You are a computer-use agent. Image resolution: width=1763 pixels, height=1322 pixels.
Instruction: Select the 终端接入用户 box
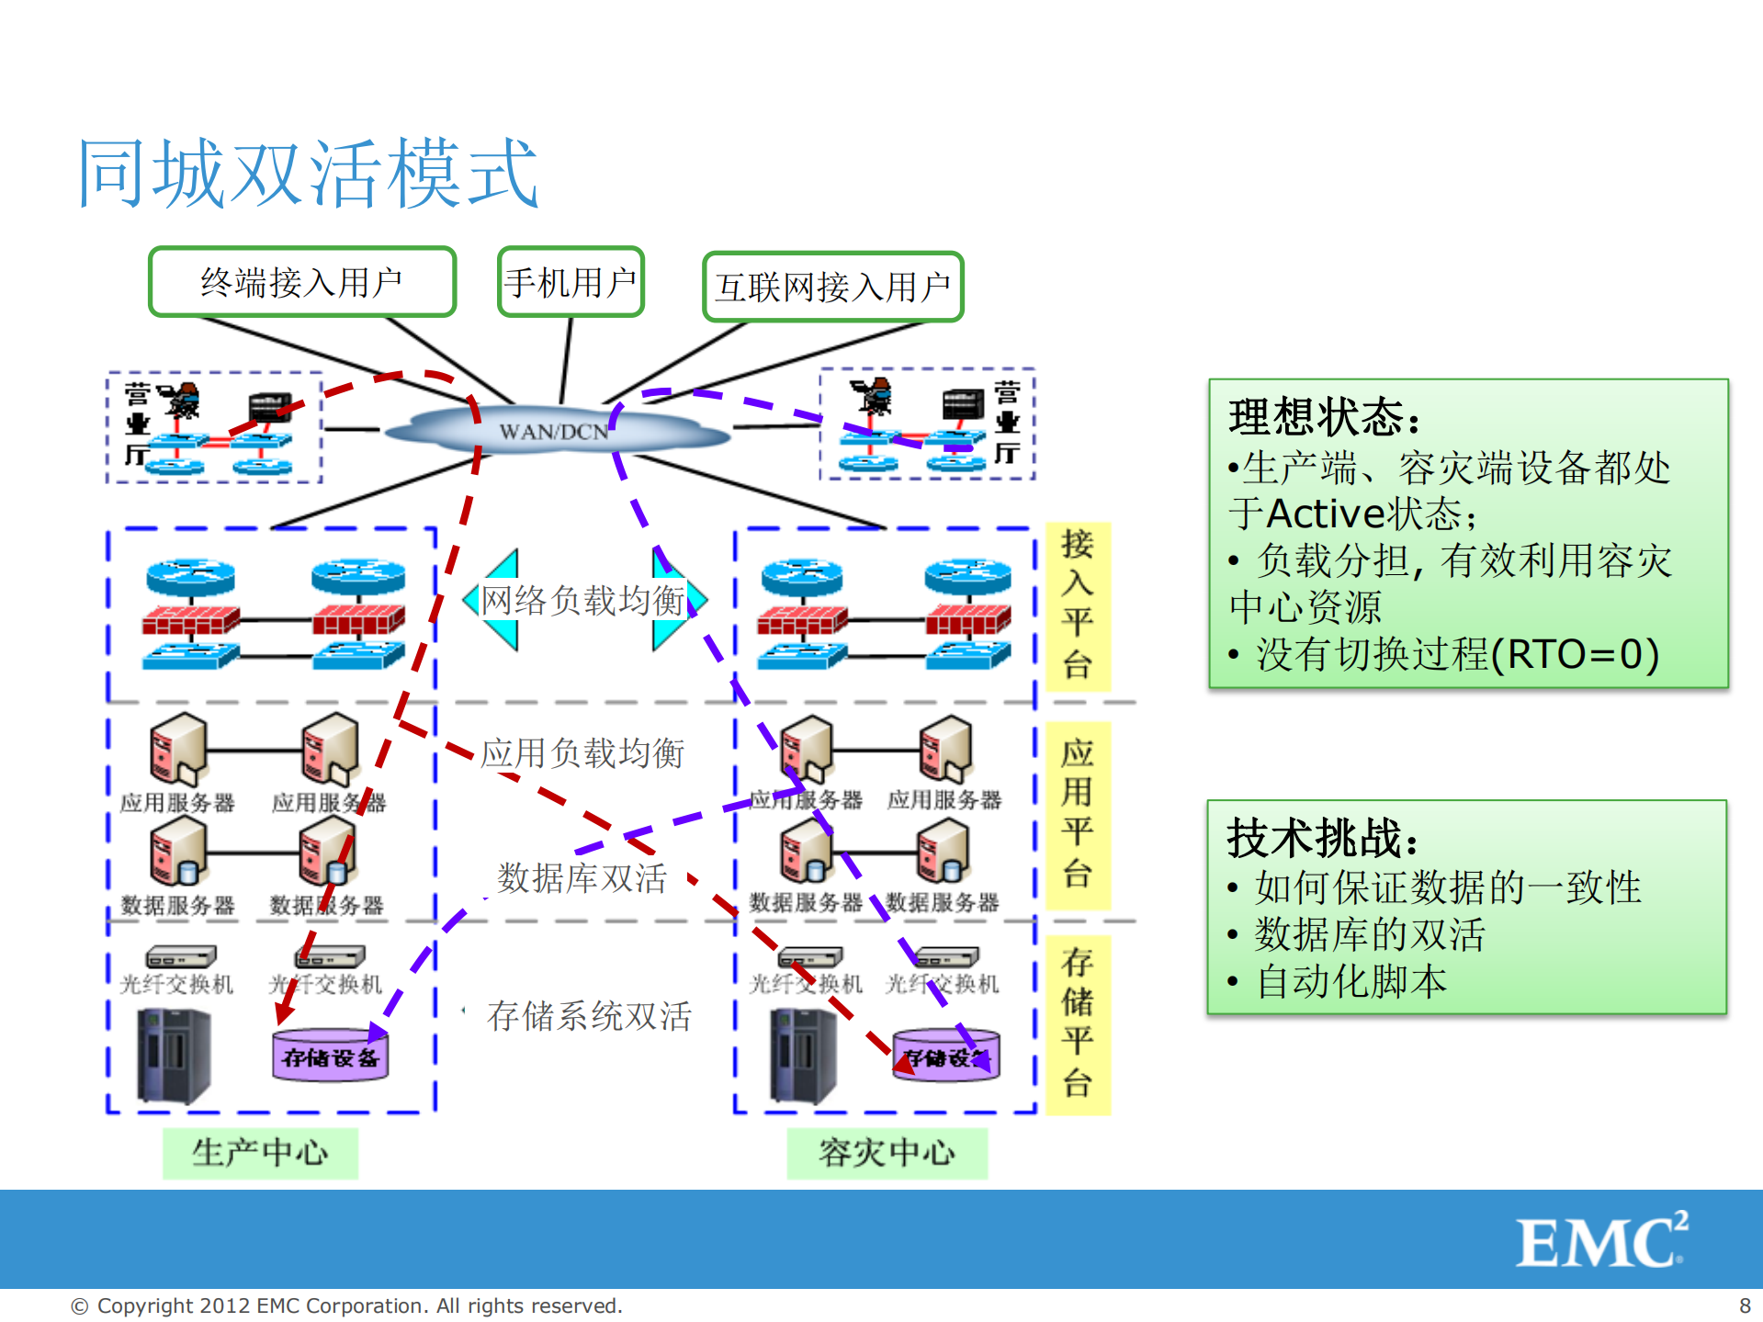click(301, 282)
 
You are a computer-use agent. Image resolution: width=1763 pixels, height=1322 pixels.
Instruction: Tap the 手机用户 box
click(570, 282)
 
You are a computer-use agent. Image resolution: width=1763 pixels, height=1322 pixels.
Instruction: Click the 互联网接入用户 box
click(832, 287)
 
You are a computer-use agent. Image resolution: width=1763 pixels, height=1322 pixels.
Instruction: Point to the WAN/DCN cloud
click(554, 431)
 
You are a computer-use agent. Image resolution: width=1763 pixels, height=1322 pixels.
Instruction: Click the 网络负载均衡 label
click(582, 601)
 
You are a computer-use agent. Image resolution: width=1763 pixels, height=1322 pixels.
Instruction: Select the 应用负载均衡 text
click(582, 753)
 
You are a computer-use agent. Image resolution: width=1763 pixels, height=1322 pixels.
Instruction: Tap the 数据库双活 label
click(581, 878)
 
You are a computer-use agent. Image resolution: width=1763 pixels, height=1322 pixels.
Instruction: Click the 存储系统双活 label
click(589, 1016)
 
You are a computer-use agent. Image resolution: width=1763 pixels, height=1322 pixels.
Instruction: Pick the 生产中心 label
click(260, 1152)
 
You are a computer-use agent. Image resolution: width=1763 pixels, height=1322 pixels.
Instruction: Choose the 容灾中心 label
click(887, 1152)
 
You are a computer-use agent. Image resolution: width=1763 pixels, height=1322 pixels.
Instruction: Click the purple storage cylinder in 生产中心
click(331, 1056)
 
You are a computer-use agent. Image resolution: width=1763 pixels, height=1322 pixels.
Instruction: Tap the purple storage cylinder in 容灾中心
click(946, 1056)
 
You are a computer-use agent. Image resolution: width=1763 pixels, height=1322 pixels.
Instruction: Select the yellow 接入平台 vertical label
click(1078, 605)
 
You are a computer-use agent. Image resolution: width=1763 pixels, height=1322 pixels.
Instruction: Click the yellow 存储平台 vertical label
click(1078, 1023)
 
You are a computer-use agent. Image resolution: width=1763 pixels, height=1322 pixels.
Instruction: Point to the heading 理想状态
click(1324, 417)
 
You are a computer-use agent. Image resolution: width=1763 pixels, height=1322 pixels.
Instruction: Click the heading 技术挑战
click(1322, 837)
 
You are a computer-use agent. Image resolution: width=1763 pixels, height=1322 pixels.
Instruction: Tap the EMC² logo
click(1601, 1241)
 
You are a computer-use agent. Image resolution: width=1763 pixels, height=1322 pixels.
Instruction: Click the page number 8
click(1745, 1305)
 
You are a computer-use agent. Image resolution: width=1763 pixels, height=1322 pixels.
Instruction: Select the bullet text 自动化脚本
click(1351, 981)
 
